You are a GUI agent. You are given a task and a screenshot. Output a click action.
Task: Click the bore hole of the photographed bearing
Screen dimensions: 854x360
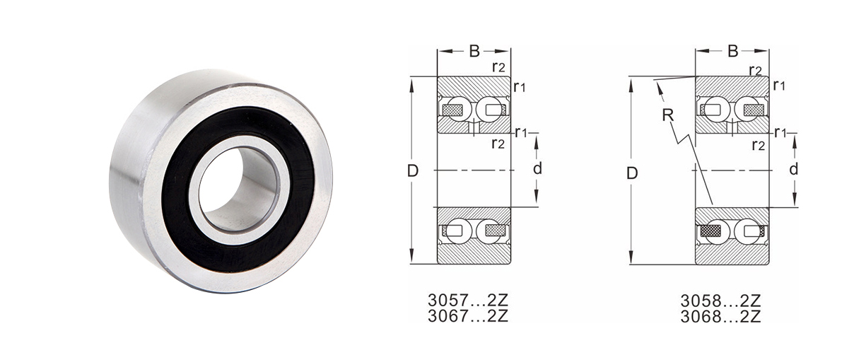[238, 190]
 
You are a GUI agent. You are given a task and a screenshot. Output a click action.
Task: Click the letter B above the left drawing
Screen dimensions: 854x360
[474, 51]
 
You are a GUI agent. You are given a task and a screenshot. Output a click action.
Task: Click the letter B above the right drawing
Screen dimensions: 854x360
[732, 51]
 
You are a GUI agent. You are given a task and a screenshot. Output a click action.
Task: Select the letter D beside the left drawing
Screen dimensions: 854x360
[413, 171]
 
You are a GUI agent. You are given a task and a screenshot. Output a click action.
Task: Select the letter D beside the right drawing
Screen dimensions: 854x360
[632, 174]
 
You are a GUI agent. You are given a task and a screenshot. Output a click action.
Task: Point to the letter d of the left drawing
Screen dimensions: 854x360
[537, 168]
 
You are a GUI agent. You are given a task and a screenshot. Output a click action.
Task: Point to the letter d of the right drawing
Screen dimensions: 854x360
[793, 168]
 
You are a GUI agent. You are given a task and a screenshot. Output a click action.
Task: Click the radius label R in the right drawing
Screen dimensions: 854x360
[667, 115]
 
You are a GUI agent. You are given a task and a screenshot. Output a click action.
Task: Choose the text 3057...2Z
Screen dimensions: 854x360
[468, 300]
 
